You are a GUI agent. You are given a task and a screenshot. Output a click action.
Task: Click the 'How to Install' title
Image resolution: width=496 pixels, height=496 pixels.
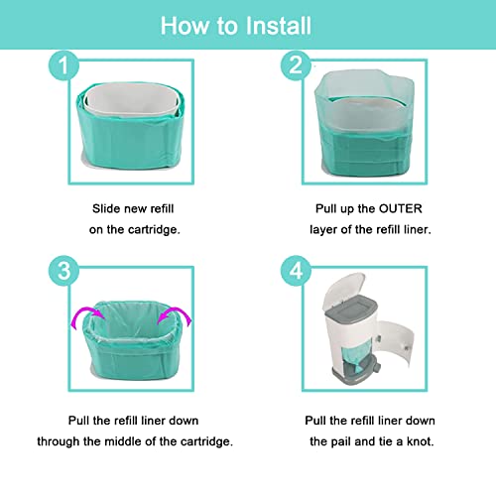point(247,23)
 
